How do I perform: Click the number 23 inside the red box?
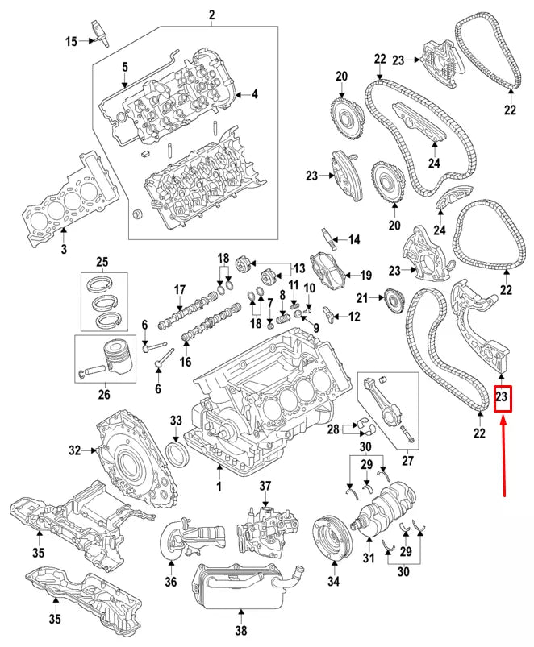click(503, 397)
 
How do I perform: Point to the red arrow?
click(503, 459)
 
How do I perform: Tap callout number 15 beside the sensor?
click(71, 41)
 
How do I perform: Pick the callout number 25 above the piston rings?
click(102, 262)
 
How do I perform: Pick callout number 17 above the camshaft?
click(180, 289)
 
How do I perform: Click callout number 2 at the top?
click(212, 15)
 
